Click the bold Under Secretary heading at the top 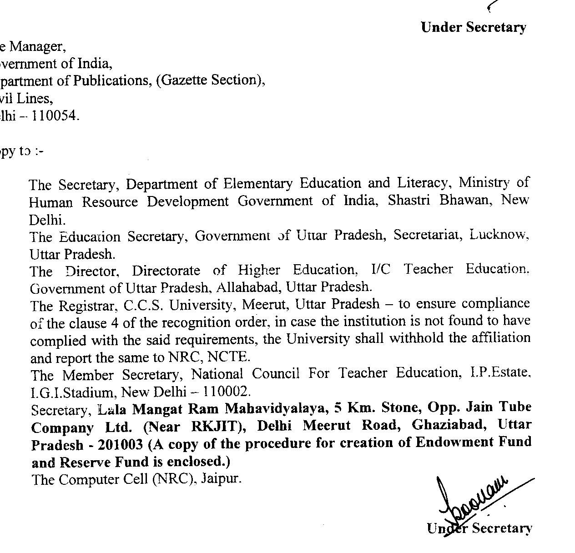pos(474,27)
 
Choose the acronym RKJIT pos(215,427)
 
